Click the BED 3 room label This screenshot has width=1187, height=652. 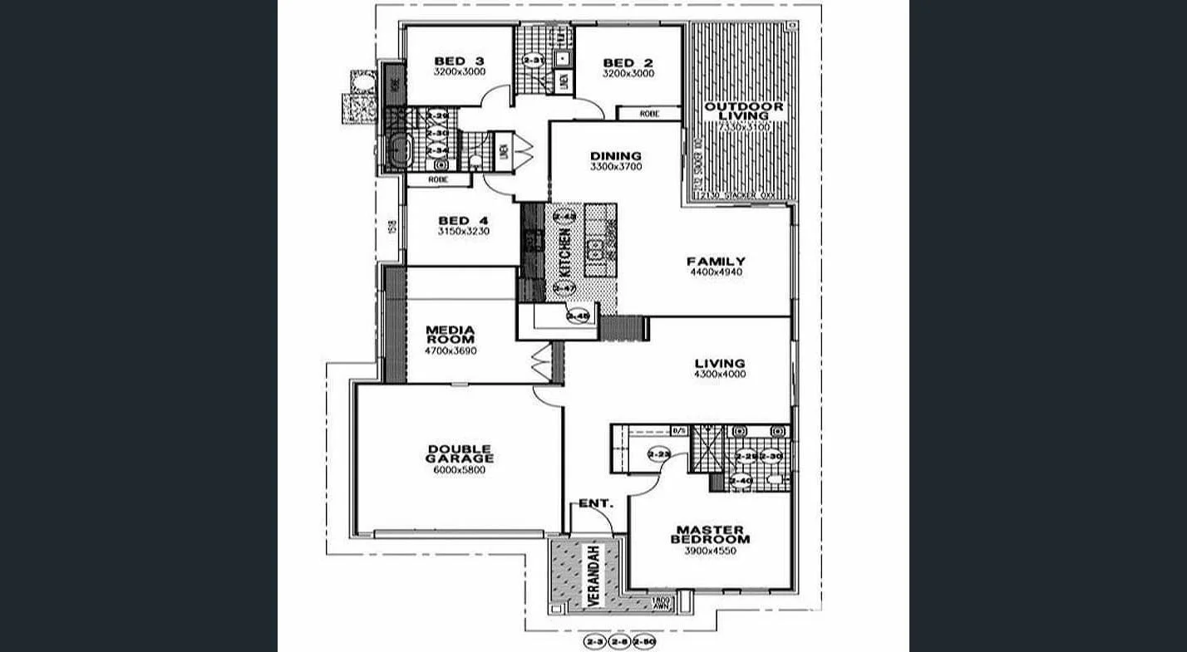point(460,61)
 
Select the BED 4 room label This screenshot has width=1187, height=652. point(464,220)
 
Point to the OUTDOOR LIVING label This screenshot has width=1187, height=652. point(744,111)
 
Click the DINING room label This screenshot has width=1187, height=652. point(616,155)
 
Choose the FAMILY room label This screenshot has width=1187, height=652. point(716,261)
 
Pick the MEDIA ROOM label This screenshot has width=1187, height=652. point(450,334)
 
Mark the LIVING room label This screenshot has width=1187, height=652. point(720,363)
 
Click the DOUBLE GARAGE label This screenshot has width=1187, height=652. point(460,453)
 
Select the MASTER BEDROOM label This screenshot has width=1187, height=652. point(710,534)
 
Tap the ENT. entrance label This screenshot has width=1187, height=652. point(596,503)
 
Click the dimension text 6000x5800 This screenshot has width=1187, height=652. point(459,470)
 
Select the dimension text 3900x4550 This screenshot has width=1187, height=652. point(710,551)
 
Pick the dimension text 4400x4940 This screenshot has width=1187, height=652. point(715,272)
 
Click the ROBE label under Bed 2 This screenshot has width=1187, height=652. point(649,114)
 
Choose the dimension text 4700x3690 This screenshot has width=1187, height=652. point(450,351)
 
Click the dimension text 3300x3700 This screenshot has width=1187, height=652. point(616,167)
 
